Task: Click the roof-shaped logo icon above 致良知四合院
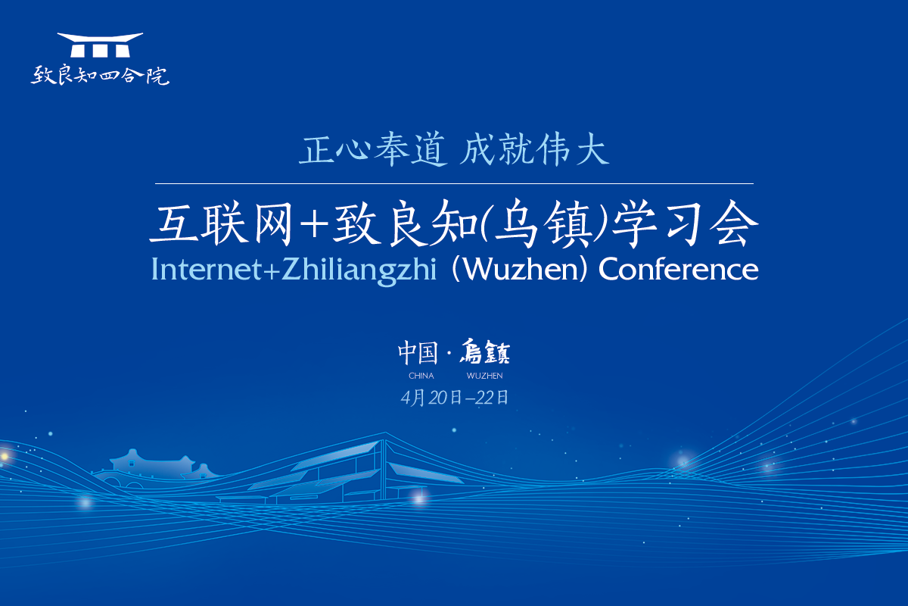click(x=100, y=45)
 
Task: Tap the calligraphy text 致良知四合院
click(x=100, y=76)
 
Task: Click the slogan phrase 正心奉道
click(x=373, y=150)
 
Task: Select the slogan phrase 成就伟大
click(x=534, y=150)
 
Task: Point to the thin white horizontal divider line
click(x=454, y=184)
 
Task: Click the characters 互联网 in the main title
click(x=221, y=223)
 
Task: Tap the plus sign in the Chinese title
click(x=314, y=224)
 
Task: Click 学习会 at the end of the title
click(x=685, y=223)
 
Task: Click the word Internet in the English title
click(x=207, y=269)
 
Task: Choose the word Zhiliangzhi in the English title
click(x=359, y=271)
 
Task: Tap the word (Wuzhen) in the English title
click(x=520, y=270)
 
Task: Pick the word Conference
click(x=679, y=269)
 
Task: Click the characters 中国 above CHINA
click(x=418, y=353)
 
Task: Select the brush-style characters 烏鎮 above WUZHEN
click(x=485, y=351)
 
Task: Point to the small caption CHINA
click(x=421, y=376)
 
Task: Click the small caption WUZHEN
click(x=485, y=376)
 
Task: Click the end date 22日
click(x=492, y=398)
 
